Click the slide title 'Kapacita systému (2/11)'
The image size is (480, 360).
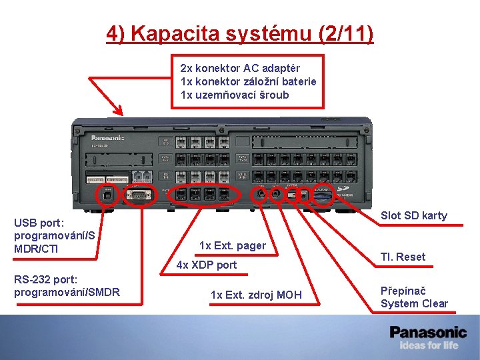[240, 33]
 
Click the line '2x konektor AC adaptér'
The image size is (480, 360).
[240, 68]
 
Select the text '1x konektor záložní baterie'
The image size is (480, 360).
[248, 81]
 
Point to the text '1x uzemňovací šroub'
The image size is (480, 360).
[235, 95]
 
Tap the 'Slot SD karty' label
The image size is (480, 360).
[413, 215]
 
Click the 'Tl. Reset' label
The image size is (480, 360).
[403, 257]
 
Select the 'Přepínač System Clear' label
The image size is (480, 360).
[414, 297]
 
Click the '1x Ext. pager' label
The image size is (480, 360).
[232, 246]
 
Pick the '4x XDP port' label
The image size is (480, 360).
[206, 265]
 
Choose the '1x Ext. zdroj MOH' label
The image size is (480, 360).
[256, 295]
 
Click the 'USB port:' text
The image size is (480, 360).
[39, 224]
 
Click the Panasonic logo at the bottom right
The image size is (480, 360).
[428, 331]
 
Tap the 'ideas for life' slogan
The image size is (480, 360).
[429, 345]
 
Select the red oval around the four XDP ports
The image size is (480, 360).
[204, 195]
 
